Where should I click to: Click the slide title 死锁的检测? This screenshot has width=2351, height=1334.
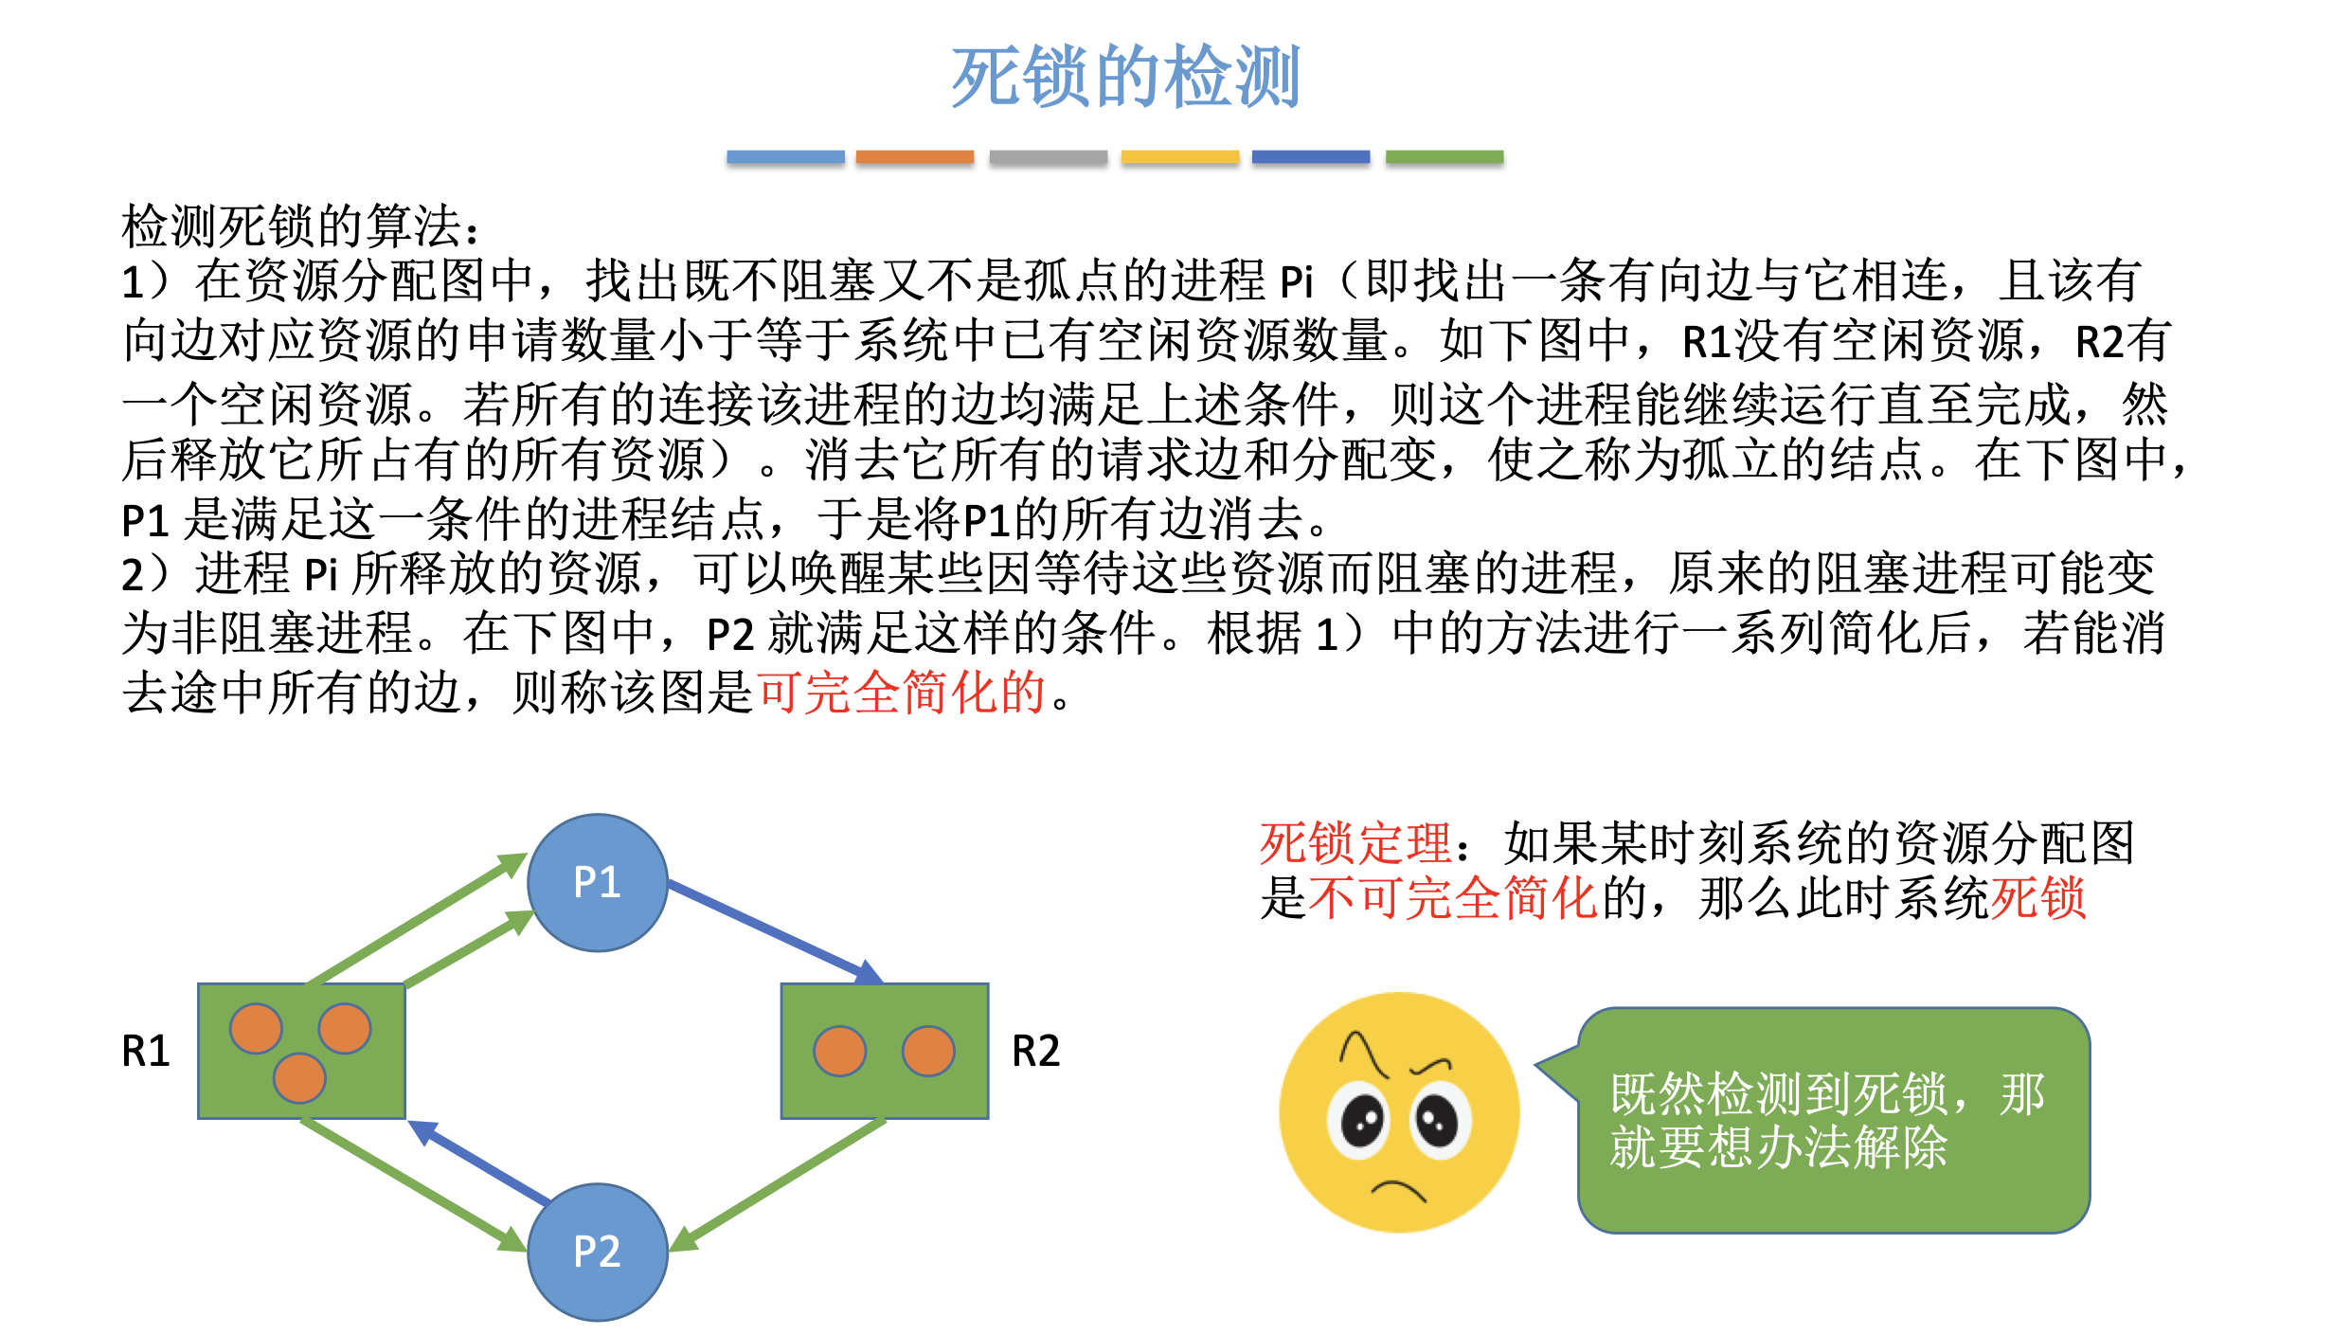point(1125,78)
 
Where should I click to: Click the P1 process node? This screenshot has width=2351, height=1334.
point(597,882)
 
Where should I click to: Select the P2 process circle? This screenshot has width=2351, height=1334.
point(597,1251)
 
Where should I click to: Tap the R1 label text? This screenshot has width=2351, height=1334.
point(146,1051)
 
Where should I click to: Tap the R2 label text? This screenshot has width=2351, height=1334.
point(1035,1051)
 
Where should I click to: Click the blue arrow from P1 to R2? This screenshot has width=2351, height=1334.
point(772,929)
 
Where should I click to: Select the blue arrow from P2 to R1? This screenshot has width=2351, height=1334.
point(483,1163)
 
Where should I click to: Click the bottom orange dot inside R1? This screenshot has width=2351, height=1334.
point(299,1078)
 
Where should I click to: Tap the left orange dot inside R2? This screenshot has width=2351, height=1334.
point(839,1051)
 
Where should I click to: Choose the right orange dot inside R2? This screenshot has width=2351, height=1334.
point(928,1051)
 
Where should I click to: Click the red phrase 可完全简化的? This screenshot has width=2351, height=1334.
point(902,692)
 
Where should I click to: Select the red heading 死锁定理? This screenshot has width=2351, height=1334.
point(1355,842)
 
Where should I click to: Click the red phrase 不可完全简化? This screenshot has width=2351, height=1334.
point(1453,897)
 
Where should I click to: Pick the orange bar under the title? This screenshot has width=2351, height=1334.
point(915,157)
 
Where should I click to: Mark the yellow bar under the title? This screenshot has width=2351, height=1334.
point(1179,157)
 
